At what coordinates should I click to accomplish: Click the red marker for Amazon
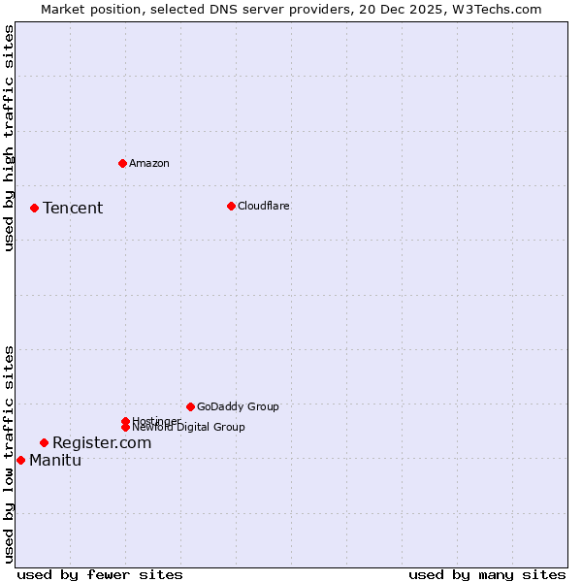click(x=122, y=163)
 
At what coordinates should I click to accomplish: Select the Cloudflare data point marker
click(x=231, y=206)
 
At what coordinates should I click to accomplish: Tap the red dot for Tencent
click(x=34, y=208)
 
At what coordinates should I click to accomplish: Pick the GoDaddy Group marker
click(x=190, y=406)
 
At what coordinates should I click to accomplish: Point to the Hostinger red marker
click(x=125, y=421)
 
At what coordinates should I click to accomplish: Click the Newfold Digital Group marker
click(x=125, y=427)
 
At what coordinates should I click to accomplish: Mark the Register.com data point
click(x=44, y=442)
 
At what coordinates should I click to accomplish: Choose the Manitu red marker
click(x=20, y=460)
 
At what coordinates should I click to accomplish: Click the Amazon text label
click(x=149, y=163)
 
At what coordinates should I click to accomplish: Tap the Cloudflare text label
click(x=263, y=206)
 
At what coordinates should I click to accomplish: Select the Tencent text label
click(x=73, y=208)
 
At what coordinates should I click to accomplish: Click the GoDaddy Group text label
click(x=238, y=406)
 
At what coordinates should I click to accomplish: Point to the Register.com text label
click(x=102, y=442)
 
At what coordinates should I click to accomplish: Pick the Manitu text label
click(x=55, y=460)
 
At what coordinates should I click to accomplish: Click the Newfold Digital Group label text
click(x=188, y=427)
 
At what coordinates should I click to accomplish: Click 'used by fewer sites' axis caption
click(x=100, y=574)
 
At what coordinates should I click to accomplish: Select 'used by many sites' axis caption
click(x=487, y=574)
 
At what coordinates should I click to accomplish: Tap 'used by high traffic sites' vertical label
click(x=9, y=139)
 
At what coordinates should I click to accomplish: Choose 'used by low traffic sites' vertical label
click(x=9, y=453)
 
